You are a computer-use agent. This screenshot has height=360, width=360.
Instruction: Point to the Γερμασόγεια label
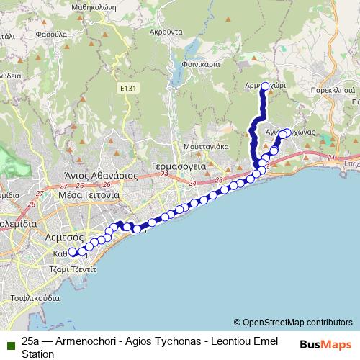179,166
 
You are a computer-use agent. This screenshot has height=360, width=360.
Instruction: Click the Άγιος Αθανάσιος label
91,175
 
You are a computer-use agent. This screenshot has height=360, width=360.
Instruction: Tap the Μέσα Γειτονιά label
90,194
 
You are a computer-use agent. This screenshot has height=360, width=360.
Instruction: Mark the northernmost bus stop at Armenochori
265,86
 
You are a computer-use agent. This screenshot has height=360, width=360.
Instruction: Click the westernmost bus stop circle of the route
72,253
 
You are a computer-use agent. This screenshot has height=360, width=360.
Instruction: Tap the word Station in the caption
38,354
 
